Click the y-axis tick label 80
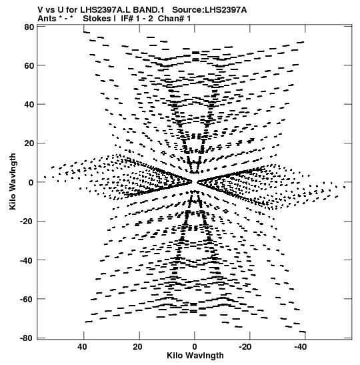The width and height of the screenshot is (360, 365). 29,27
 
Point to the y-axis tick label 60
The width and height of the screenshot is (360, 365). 29,65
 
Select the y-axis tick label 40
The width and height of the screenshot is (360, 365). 29,105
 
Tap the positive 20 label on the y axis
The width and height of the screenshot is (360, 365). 29,143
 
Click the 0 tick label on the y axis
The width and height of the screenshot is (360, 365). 31,183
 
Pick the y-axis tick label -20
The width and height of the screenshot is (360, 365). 27,222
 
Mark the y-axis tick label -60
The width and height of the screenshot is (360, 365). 27,299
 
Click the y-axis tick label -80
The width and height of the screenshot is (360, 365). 27,338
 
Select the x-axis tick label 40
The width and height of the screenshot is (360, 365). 83,347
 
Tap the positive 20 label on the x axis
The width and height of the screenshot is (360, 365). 138,347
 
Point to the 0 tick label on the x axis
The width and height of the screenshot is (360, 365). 195,347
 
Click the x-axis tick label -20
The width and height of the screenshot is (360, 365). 245,347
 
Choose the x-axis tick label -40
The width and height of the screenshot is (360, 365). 300,347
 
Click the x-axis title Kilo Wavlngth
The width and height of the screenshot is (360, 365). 195,356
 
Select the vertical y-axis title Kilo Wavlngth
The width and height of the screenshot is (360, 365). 13,181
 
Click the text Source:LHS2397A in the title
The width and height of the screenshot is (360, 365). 209,10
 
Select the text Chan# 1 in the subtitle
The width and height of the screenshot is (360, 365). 174,19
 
